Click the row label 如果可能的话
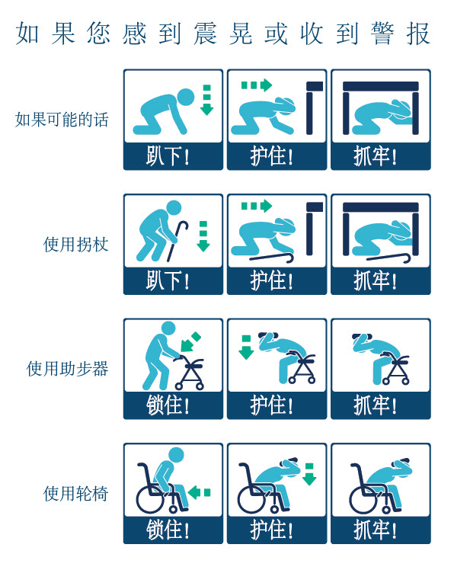pyautogui.click(x=62, y=119)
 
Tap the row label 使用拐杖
pyautogui.click(x=75, y=244)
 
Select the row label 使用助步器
pyautogui.click(x=68, y=369)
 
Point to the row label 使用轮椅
pyautogui.click(x=75, y=493)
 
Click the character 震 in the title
pyautogui.click(x=205, y=34)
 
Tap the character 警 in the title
pyautogui.click(x=382, y=34)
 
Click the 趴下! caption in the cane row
pyautogui.click(x=168, y=280)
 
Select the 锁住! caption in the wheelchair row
pyautogui.click(x=168, y=530)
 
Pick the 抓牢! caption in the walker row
pyautogui.click(x=375, y=405)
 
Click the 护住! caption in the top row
pyautogui.click(x=271, y=156)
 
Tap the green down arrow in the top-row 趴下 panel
pyautogui.click(x=207, y=100)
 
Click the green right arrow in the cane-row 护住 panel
pyautogui.click(x=257, y=206)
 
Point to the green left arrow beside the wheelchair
pyautogui.click(x=199, y=492)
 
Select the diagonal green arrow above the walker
pyautogui.click(x=190, y=342)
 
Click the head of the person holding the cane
pyautogui.click(x=174, y=208)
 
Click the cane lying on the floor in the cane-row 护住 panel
pyautogui.click(x=272, y=258)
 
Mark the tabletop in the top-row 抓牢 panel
pyautogui.click(x=381, y=86)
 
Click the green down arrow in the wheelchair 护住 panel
pyautogui.click(x=309, y=475)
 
